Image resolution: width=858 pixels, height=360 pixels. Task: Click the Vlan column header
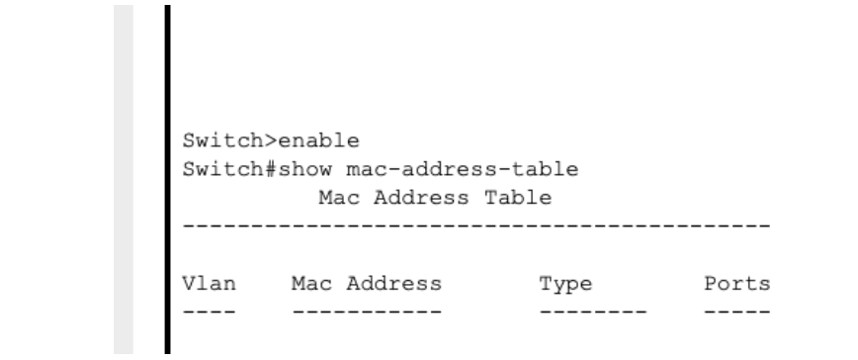pyautogui.click(x=209, y=285)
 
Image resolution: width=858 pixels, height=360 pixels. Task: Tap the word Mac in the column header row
pyautogui.click(x=307, y=285)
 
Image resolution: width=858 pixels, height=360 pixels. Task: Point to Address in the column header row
pyautogui.click(x=397, y=285)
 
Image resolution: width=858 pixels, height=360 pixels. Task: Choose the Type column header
pyautogui.click(x=565, y=285)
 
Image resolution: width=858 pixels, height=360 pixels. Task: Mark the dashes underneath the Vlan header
pyautogui.click(x=209, y=313)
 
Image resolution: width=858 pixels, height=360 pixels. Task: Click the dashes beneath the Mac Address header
pyautogui.click(x=367, y=313)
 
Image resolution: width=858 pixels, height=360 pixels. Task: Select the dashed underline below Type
pyautogui.click(x=592, y=313)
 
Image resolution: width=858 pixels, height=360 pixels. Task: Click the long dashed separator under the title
pyautogui.click(x=476, y=228)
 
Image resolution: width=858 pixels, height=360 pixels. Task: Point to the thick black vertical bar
pyautogui.click(x=165, y=178)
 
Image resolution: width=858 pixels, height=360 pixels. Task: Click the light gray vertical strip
pyautogui.click(x=124, y=178)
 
